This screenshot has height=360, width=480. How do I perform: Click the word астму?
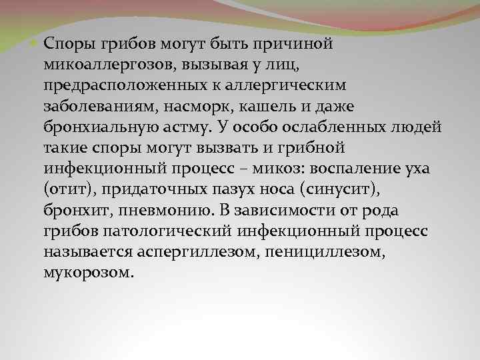pos(183,127)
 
